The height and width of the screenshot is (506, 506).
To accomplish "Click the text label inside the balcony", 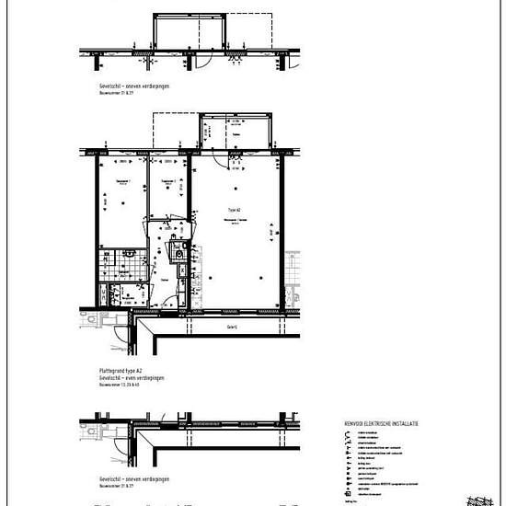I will (236, 134).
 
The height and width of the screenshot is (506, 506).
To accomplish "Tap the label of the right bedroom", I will (167, 182).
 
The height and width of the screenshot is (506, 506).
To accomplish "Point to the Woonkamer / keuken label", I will (236, 221).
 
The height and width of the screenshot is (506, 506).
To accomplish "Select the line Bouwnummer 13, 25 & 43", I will (120, 384).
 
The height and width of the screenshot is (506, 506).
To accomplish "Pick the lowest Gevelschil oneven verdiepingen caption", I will (133, 479).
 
